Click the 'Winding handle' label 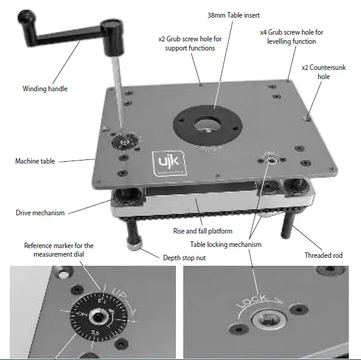coord(44,89)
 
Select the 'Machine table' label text coord(35,161)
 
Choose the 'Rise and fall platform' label coord(202,232)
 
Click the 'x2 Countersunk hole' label coord(323,72)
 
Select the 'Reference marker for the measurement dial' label coord(58,249)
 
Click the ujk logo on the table coord(164,164)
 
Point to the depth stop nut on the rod coord(135,243)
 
